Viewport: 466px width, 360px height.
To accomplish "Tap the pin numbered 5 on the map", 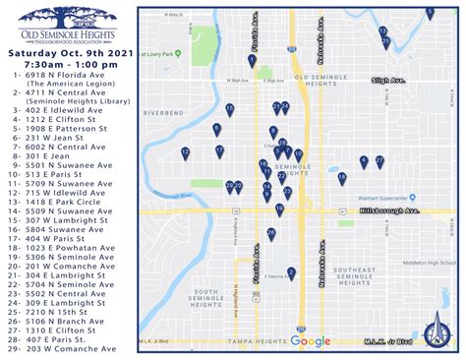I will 429,12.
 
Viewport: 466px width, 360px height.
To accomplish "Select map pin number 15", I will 229,108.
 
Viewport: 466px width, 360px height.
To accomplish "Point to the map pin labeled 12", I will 185,152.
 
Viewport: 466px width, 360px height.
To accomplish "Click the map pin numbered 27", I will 379,160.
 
